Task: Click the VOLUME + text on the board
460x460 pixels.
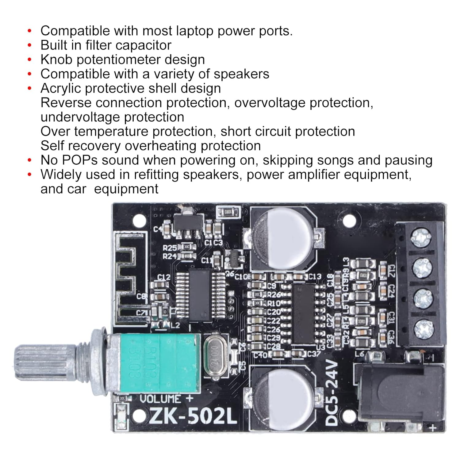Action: pos(167,399)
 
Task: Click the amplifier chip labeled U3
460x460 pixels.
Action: pos(304,313)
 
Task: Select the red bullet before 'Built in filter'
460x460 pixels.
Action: pos(29,45)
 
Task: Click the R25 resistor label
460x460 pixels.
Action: pos(169,247)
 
